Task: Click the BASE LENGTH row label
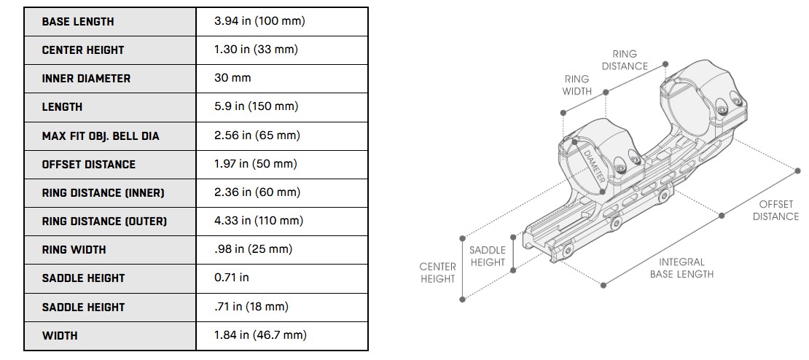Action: pyautogui.click(x=78, y=22)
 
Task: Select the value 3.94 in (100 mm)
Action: pyautogui.click(x=259, y=21)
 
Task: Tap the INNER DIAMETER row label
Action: pyautogui.click(x=86, y=79)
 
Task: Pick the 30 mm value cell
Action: pyautogui.click(x=232, y=78)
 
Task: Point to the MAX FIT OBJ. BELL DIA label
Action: pyautogui.click(x=100, y=136)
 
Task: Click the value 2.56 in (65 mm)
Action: pyautogui.click(x=257, y=136)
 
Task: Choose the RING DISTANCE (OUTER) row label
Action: pyautogui.click(x=104, y=221)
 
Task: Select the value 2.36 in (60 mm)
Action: pyautogui.click(x=257, y=192)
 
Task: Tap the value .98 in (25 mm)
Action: pyautogui.click(x=253, y=249)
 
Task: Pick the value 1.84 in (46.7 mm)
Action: pyautogui.click(x=260, y=335)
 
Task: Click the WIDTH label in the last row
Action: pyautogui.click(x=60, y=336)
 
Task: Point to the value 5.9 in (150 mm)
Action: pyautogui.click(x=256, y=106)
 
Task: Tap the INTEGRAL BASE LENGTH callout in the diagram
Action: pyautogui.click(x=681, y=267)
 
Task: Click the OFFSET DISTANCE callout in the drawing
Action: pyautogui.click(x=775, y=211)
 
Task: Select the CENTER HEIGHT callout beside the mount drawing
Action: pyautogui.click(x=437, y=273)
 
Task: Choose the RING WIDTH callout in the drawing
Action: pyautogui.click(x=577, y=85)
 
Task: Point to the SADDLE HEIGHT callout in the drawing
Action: pyautogui.click(x=488, y=257)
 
